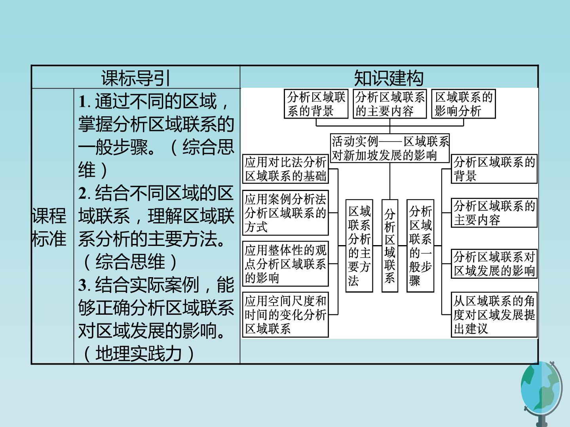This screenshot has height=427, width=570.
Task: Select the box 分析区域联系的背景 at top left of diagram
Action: pyautogui.click(x=316, y=104)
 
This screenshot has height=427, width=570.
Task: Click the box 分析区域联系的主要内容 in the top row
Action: pyautogui.click(x=389, y=104)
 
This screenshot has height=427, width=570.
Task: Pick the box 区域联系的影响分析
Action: pyautogui.click(x=464, y=104)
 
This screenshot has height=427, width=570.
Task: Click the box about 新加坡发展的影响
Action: pyautogui.click(x=390, y=148)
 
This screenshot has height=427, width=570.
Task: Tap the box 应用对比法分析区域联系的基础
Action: pyautogui.click(x=285, y=169)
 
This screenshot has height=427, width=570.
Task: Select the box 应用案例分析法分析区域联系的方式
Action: pyautogui.click(x=285, y=213)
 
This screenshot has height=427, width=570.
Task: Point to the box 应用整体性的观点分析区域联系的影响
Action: pyautogui.click(x=285, y=264)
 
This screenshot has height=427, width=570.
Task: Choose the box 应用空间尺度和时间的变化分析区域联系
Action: pyautogui.click(x=285, y=315)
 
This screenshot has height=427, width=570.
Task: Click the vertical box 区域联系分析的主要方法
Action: pyautogui.click(x=359, y=246)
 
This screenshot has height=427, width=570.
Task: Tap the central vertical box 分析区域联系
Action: pyautogui.click(x=390, y=246)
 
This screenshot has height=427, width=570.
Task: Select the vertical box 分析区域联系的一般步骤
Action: pyautogui.click(x=420, y=246)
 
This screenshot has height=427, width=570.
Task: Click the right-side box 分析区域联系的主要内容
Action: pyautogui.click(x=494, y=213)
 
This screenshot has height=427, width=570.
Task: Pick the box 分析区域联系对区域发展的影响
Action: pyautogui.click(x=494, y=264)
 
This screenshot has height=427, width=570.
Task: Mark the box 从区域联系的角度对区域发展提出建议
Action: pyautogui.click(x=494, y=315)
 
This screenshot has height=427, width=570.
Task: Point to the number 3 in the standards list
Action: pyautogui.click(x=83, y=285)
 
